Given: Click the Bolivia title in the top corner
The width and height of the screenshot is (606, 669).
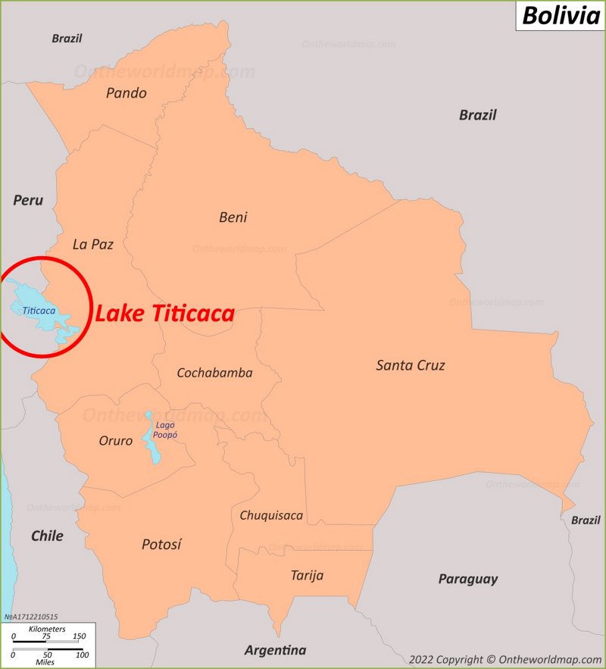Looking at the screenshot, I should click(x=561, y=15).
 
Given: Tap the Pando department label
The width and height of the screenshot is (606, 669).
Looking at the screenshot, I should click(x=127, y=93).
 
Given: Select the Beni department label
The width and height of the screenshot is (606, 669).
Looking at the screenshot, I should click(x=233, y=217).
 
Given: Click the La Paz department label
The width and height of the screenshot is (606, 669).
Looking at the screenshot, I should click(x=92, y=244).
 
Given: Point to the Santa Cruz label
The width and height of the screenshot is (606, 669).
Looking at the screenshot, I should click(x=411, y=365).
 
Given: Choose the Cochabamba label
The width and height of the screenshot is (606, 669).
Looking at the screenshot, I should click(x=214, y=373).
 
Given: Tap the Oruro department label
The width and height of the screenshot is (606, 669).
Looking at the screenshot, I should click(x=116, y=440).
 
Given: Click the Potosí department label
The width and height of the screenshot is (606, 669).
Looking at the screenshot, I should click(x=161, y=544).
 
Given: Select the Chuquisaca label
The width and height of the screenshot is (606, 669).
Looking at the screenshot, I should click(x=271, y=515).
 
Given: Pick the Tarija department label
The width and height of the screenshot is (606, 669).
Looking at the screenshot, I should click(x=307, y=575).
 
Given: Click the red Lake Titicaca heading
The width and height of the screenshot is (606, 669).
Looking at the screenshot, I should click(x=164, y=314).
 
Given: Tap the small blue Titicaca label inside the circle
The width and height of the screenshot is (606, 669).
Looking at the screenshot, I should click(x=39, y=311).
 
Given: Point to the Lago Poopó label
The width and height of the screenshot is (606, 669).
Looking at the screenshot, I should click(x=164, y=430).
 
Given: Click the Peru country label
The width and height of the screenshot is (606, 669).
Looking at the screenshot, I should click(x=28, y=201).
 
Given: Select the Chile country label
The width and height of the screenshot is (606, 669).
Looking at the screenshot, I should click(x=47, y=536).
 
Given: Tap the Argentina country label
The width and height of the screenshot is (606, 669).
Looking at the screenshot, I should click(x=275, y=650).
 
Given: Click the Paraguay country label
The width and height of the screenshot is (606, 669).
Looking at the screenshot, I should click(x=468, y=579).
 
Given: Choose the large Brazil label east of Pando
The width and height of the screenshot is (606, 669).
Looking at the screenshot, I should click(x=477, y=115).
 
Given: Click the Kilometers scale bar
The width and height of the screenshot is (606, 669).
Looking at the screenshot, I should click(x=46, y=642).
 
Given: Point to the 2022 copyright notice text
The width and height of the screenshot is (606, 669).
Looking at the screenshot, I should click(x=504, y=659).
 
